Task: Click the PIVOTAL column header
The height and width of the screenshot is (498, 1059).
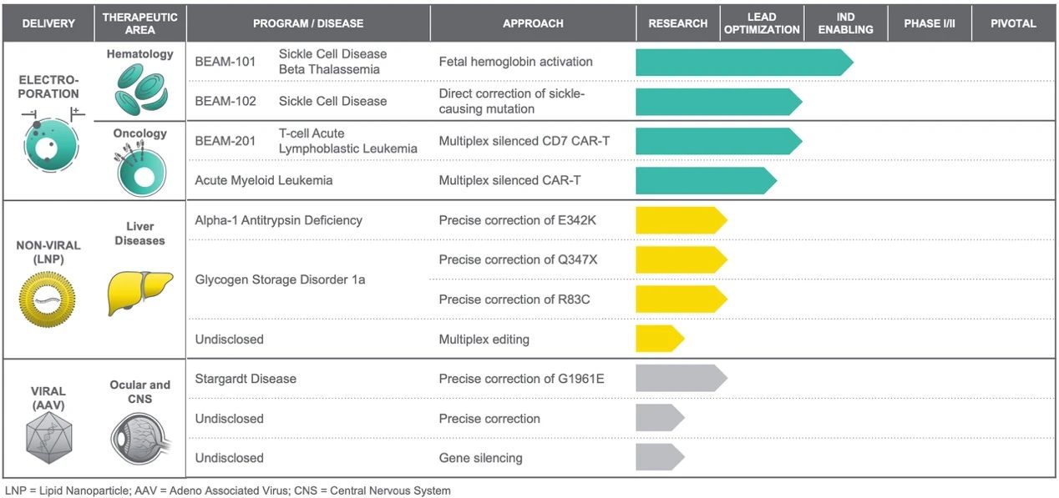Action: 1013,23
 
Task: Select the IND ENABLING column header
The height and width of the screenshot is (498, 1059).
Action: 845,23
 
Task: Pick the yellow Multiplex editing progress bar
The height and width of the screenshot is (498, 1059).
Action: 659,339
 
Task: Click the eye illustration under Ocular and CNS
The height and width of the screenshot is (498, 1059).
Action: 139,438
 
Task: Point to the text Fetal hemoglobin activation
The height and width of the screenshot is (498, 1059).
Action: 515,62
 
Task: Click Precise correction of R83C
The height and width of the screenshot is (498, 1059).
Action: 514,299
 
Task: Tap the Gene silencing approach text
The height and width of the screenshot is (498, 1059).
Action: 480,458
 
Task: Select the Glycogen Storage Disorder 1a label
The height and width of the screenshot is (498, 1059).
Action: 280,279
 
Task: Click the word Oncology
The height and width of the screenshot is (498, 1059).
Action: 139,133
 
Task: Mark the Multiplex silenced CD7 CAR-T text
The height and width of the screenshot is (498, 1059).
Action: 524,141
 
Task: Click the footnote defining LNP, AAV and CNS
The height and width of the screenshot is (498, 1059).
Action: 227,490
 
